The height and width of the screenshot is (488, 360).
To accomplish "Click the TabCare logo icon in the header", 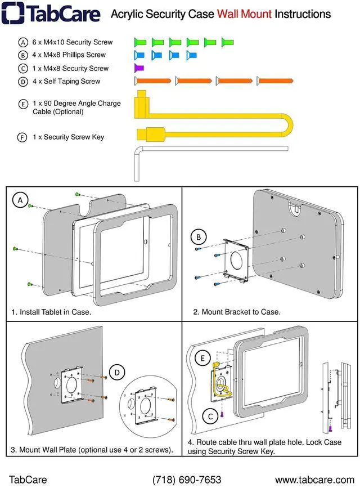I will click(12, 14).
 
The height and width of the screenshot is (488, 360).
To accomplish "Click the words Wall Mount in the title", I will click(244, 14).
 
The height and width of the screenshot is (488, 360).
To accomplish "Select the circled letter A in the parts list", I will click(23, 42).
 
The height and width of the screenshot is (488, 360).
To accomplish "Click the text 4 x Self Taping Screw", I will click(66, 82).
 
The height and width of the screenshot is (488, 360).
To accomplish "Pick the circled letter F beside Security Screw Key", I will click(22, 137).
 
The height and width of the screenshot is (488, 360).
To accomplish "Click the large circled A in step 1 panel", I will click(20, 200).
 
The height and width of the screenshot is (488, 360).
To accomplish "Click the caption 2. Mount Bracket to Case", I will click(237, 312).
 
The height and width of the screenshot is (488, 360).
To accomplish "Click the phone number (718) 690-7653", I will click(187, 480).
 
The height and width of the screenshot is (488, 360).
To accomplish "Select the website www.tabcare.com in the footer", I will click(314, 480).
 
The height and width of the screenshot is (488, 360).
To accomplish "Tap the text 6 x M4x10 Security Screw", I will click(73, 42).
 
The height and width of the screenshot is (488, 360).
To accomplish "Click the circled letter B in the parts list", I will click(23, 55).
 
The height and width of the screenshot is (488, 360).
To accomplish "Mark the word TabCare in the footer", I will click(28, 480).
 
